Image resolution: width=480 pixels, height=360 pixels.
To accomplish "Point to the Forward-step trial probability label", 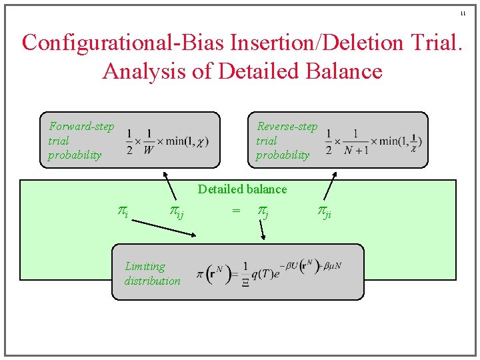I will pyautogui.click(x=81, y=141).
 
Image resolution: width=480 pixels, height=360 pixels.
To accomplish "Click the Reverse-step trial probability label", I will pyautogui.click(x=287, y=141).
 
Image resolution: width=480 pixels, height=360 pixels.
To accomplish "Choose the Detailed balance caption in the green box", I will pyautogui.click(x=242, y=189).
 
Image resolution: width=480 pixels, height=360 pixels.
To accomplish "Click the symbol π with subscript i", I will pyautogui.click(x=123, y=211).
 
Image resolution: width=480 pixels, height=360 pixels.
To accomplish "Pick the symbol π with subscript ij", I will pyautogui.click(x=176, y=211).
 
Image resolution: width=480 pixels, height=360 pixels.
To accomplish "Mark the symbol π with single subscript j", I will pyautogui.click(x=263, y=211).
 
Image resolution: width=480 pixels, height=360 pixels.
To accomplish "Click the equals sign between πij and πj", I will pyautogui.click(x=235, y=211).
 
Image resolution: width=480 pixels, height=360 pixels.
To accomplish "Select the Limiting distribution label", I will pyautogui.click(x=152, y=273).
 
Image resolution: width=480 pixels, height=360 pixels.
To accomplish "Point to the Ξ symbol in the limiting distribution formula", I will pyautogui.click(x=246, y=282).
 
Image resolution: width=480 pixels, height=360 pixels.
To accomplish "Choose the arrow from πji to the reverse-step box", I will pyautogui.click(x=331, y=186).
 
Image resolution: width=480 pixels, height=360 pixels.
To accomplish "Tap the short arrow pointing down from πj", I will pyautogui.click(x=262, y=230).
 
